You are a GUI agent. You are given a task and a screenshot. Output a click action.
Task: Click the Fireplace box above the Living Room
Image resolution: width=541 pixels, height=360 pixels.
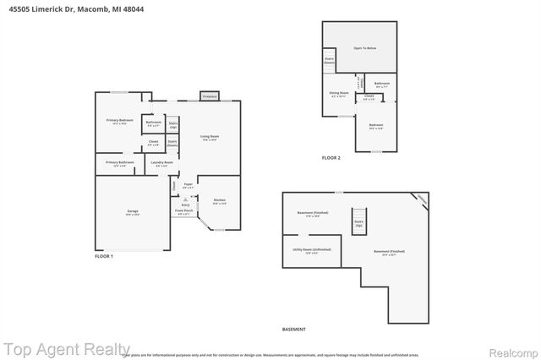click(209, 95)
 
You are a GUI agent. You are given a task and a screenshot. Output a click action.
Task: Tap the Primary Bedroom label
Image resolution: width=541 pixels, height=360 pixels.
click(119, 121)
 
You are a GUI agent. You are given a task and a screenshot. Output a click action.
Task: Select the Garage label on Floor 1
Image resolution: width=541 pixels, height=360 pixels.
click(133, 211)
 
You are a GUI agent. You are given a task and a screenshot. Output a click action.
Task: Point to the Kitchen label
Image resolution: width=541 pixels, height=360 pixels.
click(219, 201)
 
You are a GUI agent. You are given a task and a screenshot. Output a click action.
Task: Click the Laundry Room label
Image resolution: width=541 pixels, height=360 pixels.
click(161, 162)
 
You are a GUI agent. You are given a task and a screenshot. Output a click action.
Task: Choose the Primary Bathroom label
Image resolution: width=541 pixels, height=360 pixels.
click(119, 162)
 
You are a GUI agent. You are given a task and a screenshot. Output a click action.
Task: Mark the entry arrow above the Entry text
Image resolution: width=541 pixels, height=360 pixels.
click(185, 199)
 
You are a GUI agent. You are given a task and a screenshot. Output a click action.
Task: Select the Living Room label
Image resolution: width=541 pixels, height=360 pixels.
click(210, 137)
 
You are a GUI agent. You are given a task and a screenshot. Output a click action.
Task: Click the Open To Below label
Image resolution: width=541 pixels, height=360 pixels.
click(365, 48)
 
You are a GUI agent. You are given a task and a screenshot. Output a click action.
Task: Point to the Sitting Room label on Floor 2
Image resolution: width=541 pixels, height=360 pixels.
click(340, 94)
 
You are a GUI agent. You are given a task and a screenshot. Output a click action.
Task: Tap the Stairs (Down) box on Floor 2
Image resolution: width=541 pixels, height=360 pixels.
click(330, 61)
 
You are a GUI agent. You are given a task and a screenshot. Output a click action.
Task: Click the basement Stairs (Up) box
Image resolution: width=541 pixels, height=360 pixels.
click(358, 224)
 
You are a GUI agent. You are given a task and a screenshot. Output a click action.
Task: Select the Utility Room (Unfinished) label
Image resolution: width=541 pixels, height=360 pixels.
click(306, 251)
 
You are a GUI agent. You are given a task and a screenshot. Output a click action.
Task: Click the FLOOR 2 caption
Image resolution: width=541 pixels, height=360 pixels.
click(332, 158)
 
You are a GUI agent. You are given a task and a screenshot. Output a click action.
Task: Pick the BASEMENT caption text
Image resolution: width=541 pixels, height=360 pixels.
click(293, 329)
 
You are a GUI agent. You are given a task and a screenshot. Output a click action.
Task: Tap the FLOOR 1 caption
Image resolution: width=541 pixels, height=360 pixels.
click(103, 256)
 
